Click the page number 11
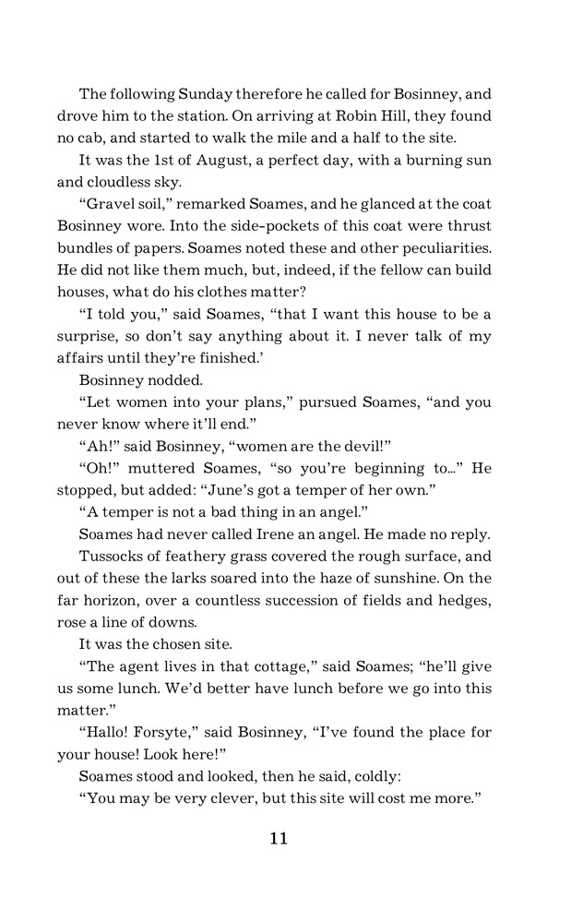279,839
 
